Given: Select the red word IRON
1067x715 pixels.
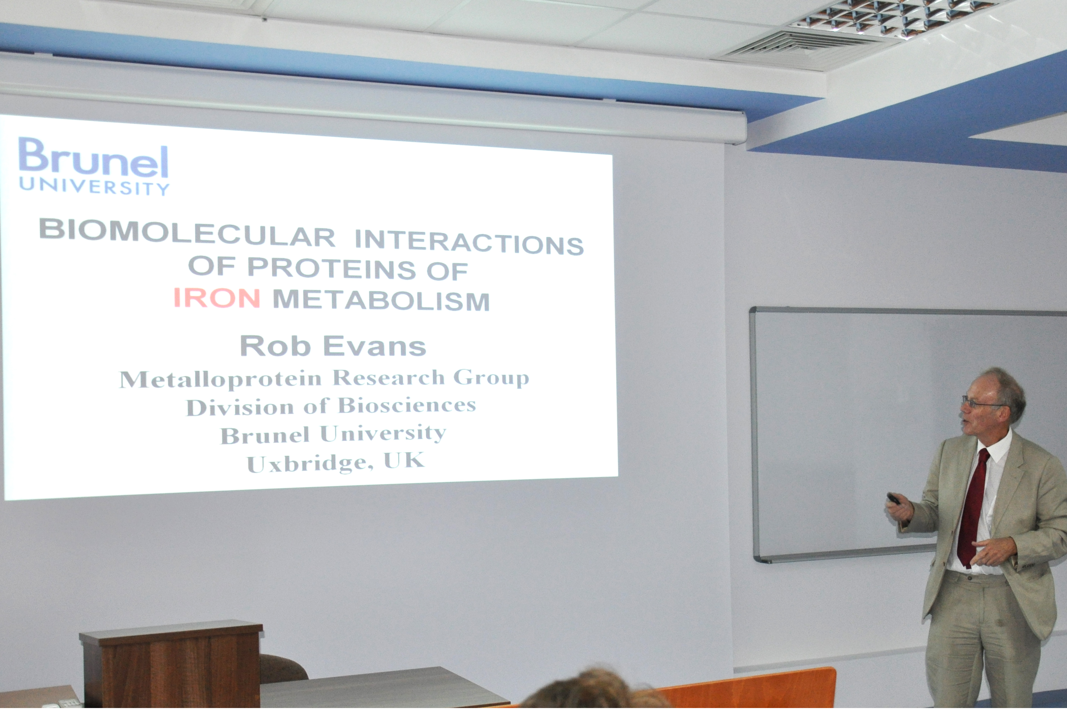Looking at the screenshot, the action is [217, 298].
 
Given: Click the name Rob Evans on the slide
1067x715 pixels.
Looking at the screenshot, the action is [333, 346].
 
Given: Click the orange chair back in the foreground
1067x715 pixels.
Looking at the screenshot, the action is [748, 689].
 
